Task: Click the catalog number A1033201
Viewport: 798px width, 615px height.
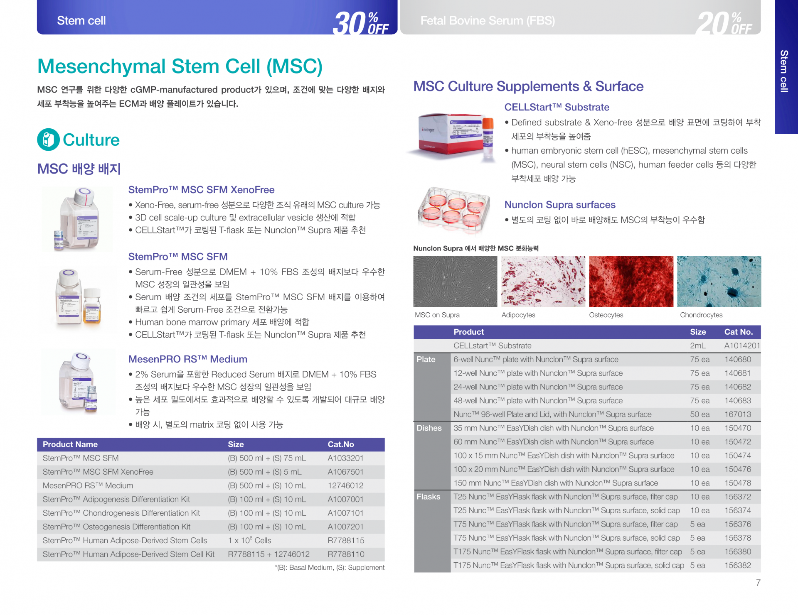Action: point(345,458)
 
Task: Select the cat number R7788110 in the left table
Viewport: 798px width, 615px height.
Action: point(346,554)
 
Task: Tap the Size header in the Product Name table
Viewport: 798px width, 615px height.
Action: point(236,444)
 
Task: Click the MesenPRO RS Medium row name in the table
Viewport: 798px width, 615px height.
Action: point(88,485)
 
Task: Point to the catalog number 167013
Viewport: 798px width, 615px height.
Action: point(738,414)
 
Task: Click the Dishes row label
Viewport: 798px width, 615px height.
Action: point(429,428)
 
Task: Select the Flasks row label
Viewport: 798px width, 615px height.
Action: point(429,497)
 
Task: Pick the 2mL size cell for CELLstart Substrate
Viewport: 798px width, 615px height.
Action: point(698,345)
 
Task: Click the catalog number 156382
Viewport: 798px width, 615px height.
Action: point(738,565)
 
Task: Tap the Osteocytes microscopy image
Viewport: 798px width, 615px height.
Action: point(631,282)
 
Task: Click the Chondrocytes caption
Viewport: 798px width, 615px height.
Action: point(701,315)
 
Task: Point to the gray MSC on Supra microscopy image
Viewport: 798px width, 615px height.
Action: point(455,282)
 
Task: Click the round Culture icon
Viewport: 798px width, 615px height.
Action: point(49,140)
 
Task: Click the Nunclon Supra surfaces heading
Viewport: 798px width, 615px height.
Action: point(560,205)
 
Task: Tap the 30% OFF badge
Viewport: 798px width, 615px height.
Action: point(361,22)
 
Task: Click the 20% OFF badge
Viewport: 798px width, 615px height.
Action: point(724,22)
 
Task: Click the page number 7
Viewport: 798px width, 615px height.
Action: point(758,583)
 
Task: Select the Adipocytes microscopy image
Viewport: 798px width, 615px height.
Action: point(543,282)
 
